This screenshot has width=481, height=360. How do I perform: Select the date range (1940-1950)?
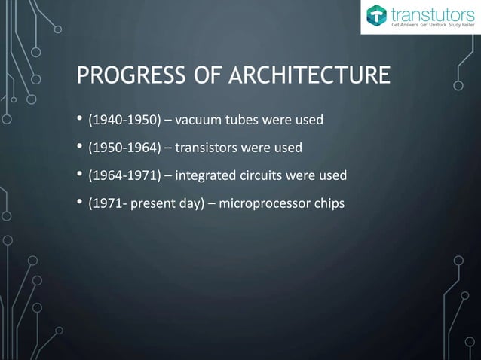[124, 121]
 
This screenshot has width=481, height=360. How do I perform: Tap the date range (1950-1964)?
[124, 148]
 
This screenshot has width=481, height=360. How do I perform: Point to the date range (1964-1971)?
[124, 175]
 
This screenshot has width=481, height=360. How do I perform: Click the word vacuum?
[198, 121]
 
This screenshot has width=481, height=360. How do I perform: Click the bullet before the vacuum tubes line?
[79, 121]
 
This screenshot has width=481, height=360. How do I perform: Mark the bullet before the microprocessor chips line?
[79, 203]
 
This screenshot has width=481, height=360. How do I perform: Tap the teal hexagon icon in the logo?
[375, 17]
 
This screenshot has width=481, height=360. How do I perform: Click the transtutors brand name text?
[430, 14]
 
